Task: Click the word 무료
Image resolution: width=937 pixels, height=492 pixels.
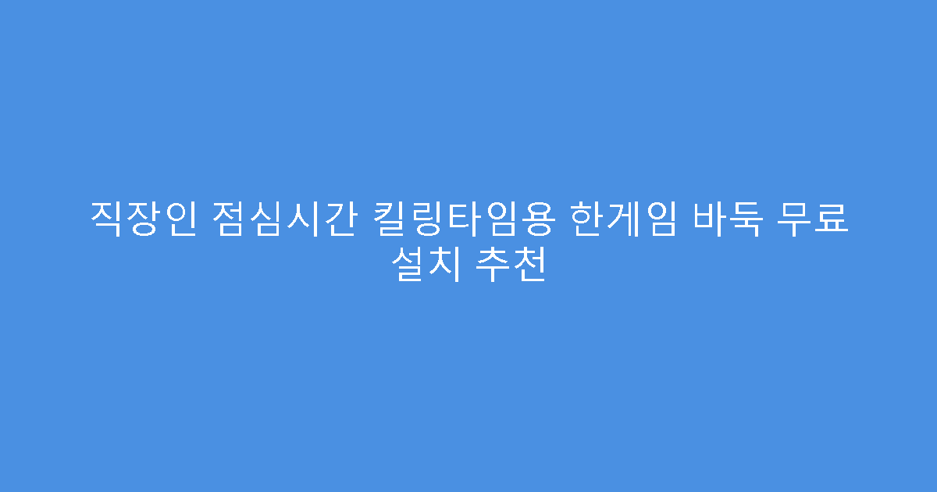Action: [814, 219]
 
